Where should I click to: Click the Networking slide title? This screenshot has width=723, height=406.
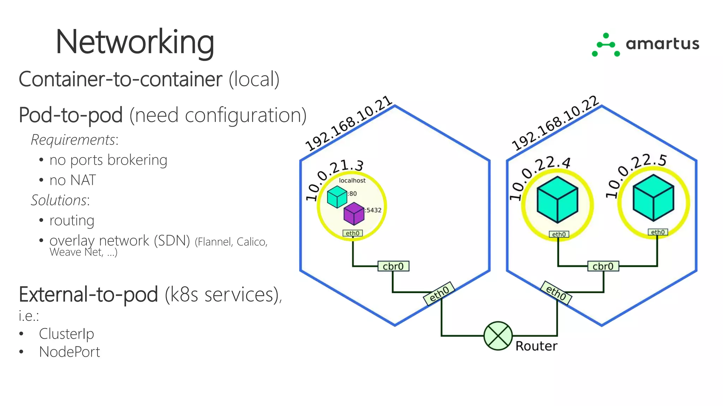point(135,42)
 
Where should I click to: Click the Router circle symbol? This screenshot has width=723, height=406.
point(498,336)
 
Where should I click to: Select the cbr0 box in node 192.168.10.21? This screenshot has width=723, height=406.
point(393,266)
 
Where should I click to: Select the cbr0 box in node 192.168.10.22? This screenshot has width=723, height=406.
point(603,266)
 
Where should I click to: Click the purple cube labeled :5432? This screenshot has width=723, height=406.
point(354,214)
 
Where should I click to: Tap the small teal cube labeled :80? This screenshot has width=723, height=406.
point(337,197)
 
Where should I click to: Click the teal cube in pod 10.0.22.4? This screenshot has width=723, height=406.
point(557,199)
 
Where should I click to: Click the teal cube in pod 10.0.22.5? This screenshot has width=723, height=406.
point(653,198)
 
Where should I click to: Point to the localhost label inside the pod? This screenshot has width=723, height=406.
point(352,180)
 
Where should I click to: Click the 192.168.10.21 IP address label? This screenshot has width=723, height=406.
point(348,123)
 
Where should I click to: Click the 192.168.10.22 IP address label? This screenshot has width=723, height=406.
point(555,123)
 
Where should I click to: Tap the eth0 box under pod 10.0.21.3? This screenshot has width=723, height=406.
point(352,233)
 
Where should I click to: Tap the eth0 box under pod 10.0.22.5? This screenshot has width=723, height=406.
point(658,232)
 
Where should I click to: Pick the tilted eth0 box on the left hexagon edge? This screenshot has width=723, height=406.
point(439,293)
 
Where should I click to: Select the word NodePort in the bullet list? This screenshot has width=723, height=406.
point(70,352)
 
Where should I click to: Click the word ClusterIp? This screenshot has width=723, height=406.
point(66,334)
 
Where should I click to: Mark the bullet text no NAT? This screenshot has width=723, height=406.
point(72,180)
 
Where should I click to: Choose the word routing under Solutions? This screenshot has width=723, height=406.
point(72,221)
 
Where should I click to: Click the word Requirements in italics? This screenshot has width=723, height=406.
point(73,140)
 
